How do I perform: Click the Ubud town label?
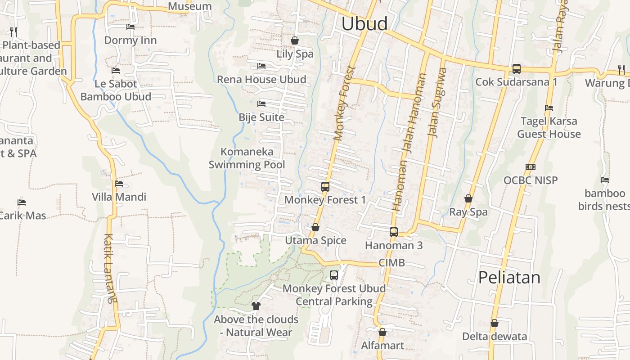point(364,23)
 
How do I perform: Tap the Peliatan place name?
point(509,277)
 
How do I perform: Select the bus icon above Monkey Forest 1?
point(325,186)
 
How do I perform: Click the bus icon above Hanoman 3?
point(394,232)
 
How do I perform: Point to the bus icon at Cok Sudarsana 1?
point(517,69)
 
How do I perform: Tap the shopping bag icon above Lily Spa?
point(295,40)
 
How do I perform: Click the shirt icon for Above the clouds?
point(256,306)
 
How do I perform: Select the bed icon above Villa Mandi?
point(119,184)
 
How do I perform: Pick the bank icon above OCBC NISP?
point(531,167)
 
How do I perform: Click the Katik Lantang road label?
point(110,268)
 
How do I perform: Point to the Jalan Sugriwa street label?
point(437,102)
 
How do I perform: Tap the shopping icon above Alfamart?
point(382,332)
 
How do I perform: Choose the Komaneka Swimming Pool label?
point(247,158)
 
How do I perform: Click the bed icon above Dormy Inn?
point(130,27)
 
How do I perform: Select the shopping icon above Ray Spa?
point(468,198)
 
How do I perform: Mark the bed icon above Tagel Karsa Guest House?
point(549,108)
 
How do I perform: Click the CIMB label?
point(391,263)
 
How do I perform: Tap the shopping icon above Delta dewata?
point(495,323)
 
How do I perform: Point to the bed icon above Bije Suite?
point(261,104)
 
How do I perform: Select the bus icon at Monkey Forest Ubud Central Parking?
point(334,275)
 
